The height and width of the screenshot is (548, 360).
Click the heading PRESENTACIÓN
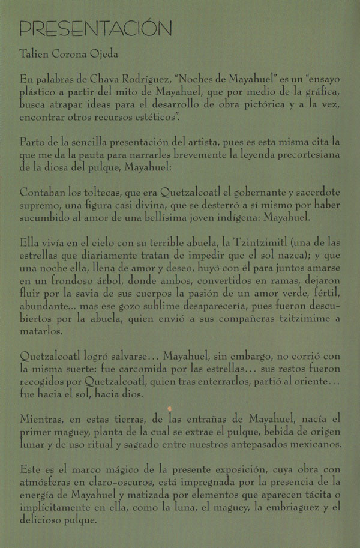(x=96, y=28)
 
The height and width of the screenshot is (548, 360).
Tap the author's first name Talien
(x=34, y=54)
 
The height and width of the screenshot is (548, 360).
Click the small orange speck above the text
(x=170, y=409)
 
